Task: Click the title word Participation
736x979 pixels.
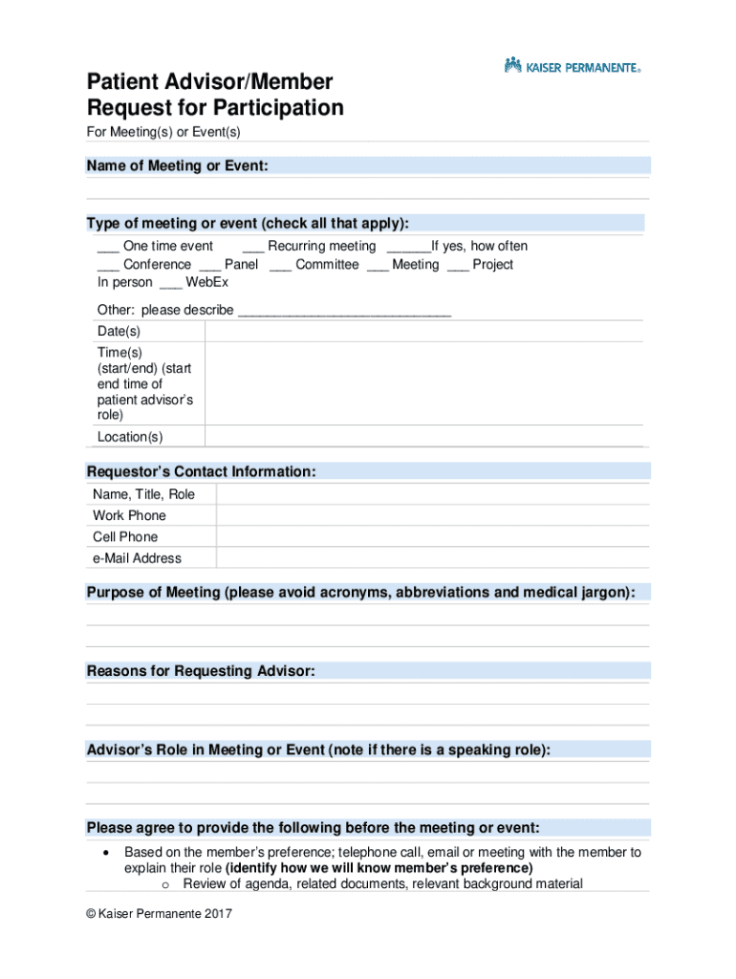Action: (278, 108)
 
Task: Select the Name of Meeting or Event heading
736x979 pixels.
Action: (177, 166)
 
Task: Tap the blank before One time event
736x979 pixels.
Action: (107, 247)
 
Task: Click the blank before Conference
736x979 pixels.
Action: (107, 265)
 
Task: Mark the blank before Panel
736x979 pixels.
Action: (209, 265)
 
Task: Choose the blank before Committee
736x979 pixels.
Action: (280, 265)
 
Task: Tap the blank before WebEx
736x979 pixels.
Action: (170, 283)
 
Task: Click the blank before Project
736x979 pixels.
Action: (458, 265)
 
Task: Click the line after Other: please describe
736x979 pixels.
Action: (343, 311)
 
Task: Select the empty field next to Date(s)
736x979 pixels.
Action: (423, 331)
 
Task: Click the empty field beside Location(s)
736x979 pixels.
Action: (423, 437)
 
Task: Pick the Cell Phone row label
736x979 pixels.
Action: (125, 537)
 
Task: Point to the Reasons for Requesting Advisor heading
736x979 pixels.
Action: (201, 671)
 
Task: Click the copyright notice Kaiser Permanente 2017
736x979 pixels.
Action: (159, 914)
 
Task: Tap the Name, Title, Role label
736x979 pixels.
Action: (143, 494)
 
